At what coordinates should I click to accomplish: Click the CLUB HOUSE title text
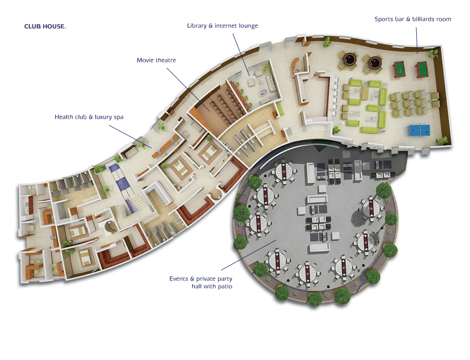click(45, 26)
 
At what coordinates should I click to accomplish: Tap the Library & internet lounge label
click(223, 26)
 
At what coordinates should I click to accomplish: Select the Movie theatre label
click(156, 60)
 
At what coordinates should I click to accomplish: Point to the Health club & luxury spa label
click(89, 117)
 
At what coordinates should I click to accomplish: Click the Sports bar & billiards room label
click(413, 19)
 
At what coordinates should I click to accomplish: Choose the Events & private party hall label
click(201, 282)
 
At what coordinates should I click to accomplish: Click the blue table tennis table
click(419, 130)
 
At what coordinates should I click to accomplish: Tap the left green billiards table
click(399, 69)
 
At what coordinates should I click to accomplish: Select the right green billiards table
click(422, 69)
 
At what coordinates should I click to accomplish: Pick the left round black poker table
click(349, 59)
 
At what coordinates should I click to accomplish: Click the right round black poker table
click(374, 62)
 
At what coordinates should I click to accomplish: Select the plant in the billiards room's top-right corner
click(433, 54)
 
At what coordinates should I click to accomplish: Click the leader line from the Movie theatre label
click(188, 89)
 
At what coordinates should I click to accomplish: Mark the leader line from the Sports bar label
click(416, 41)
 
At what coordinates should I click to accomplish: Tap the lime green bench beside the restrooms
click(280, 110)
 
